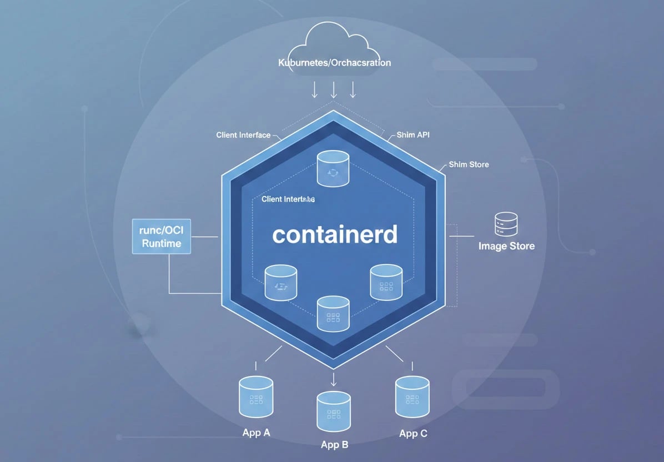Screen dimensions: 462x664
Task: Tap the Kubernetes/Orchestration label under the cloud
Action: click(x=334, y=63)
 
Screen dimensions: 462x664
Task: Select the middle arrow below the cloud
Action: click(x=334, y=89)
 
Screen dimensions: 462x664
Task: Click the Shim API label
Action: click(x=413, y=135)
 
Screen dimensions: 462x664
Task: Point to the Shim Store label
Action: click(x=469, y=164)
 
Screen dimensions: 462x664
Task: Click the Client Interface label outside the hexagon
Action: click(x=243, y=135)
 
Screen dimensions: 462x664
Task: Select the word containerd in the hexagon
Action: click(x=335, y=234)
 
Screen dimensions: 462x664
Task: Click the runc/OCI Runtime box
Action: click(x=162, y=237)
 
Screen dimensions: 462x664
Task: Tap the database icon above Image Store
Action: click(x=506, y=224)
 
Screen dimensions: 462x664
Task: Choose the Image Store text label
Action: click(x=506, y=246)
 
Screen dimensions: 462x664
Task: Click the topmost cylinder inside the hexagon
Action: click(x=333, y=169)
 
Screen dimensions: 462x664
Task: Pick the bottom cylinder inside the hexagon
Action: click(x=333, y=314)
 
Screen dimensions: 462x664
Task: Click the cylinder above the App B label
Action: click(x=334, y=412)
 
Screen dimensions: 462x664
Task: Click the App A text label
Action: click(x=256, y=433)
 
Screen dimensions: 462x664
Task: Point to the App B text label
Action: click(x=334, y=445)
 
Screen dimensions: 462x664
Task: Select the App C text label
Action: click(x=413, y=434)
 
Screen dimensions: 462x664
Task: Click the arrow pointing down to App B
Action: click(x=334, y=379)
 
